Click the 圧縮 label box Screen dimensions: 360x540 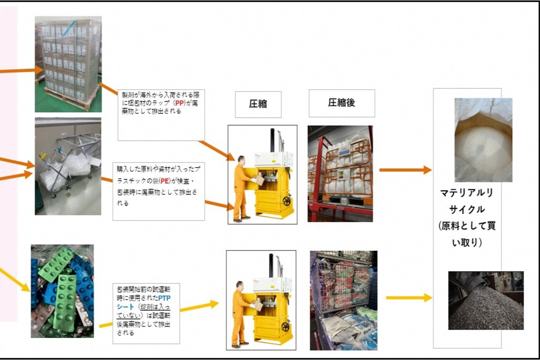click(x=258, y=104)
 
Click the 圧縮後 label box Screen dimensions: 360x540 click(x=341, y=103)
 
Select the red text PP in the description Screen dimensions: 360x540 click(x=181, y=104)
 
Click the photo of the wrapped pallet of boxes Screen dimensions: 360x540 click(x=68, y=64)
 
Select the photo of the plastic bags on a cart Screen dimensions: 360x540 click(x=68, y=166)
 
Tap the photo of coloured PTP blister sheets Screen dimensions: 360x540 click(x=62, y=291)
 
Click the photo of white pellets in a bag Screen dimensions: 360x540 click(x=483, y=139)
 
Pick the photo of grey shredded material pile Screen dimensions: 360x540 click(x=485, y=300)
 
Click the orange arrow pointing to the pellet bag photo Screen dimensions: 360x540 click(x=404, y=170)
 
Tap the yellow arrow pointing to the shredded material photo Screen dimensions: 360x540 click(x=408, y=298)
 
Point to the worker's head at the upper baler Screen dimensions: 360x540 click(x=240, y=159)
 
